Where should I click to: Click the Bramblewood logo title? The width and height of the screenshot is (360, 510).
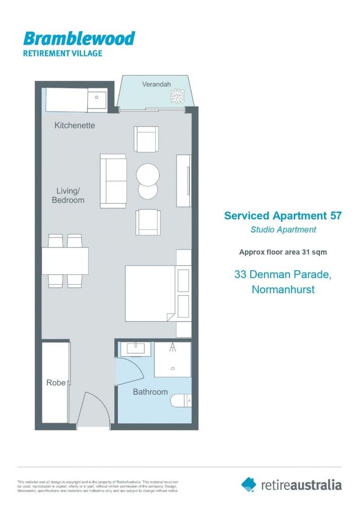coord(79,39)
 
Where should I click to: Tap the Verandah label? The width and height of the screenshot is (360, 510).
coord(156,84)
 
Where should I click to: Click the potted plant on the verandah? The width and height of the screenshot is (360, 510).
coord(178,96)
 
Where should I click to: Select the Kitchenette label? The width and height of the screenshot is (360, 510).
coord(75,126)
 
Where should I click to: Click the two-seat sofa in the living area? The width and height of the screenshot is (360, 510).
coord(113,181)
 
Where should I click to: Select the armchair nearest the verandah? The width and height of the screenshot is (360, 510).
coord(146,139)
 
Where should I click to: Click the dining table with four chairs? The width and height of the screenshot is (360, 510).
coord(65,261)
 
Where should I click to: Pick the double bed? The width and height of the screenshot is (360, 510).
coord(150,293)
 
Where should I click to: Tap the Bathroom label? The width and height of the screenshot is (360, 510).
coord(150,392)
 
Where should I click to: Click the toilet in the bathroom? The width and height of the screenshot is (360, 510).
coord(181,400)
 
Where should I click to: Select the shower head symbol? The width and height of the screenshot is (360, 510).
coord(173,348)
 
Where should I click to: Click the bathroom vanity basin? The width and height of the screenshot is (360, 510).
coord(135,349)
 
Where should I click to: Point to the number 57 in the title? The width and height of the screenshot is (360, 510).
coord(334,216)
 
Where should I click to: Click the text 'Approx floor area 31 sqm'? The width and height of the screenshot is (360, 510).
coord(283,252)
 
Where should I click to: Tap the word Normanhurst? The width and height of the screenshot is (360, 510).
coord(283,289)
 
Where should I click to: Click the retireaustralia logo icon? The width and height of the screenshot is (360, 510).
coord(249,484)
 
